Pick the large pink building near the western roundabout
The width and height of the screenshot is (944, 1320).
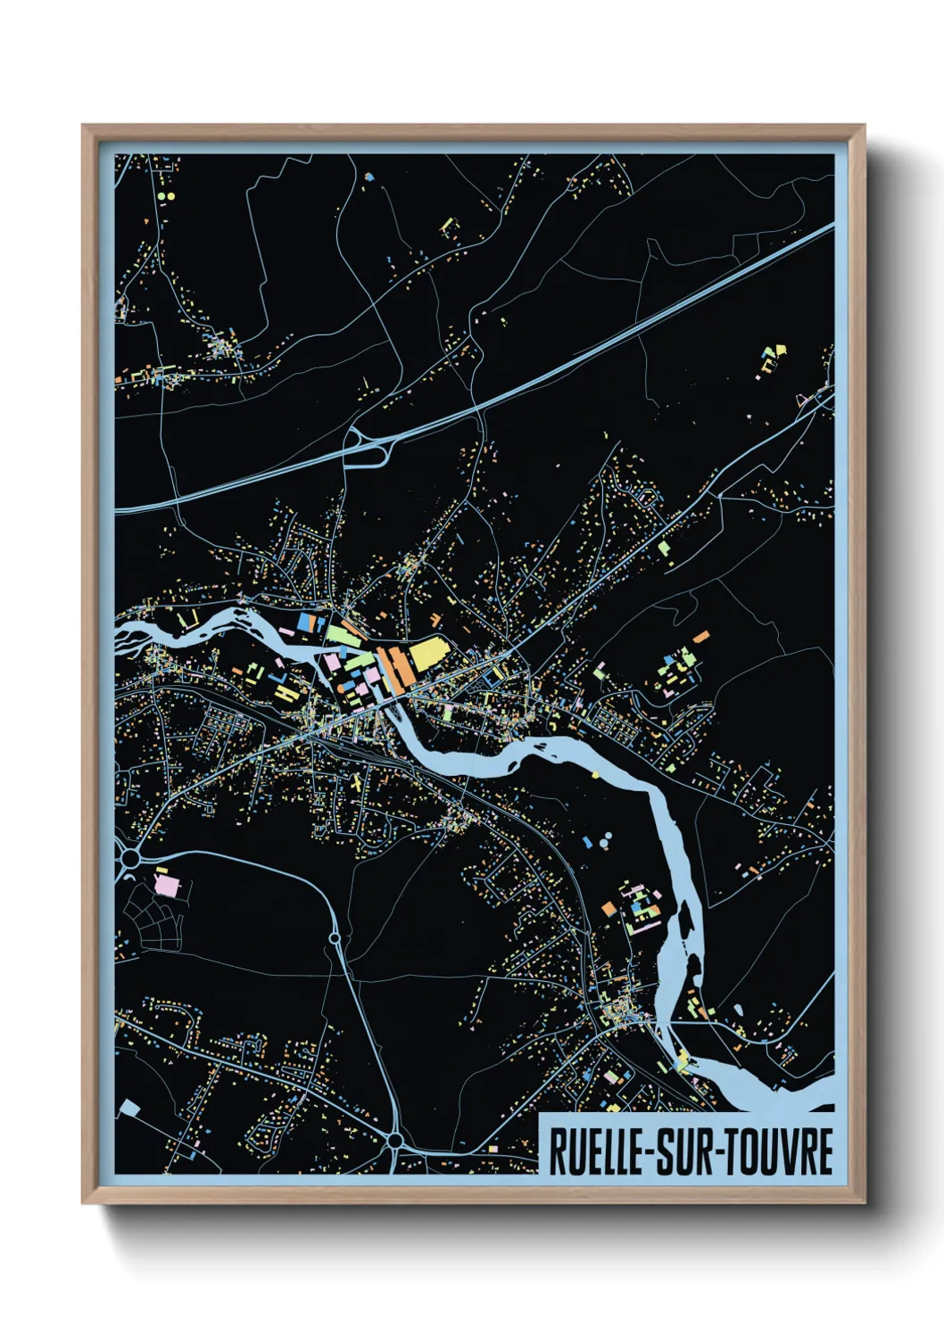pos(167,887)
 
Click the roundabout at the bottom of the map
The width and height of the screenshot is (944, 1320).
pos(393,1140)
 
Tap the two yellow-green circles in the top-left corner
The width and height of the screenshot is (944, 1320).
pos(167,195)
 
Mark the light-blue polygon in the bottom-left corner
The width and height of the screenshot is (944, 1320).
pos(130,1109)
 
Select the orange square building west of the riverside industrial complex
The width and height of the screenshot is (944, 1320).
pos(609,908)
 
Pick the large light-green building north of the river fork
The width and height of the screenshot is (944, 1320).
pos(338,632)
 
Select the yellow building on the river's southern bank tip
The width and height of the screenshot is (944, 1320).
pos(683,1062)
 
